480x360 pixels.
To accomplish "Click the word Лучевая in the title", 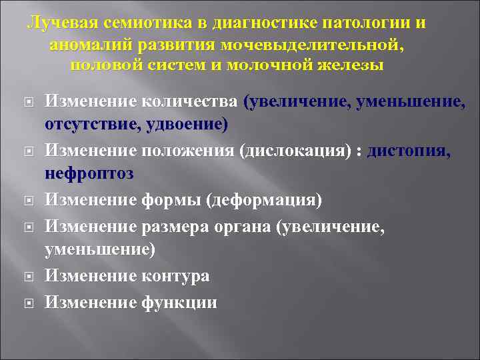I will (62, 23).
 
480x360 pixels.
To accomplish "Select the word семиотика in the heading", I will (151, 23).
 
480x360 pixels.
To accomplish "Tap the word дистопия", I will (409, 153).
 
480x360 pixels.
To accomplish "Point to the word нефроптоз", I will (89, 174).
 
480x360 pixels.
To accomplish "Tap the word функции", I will (179, 302).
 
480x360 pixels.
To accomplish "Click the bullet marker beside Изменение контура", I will (29, 277).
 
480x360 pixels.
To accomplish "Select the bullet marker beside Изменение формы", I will (29, 200).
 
